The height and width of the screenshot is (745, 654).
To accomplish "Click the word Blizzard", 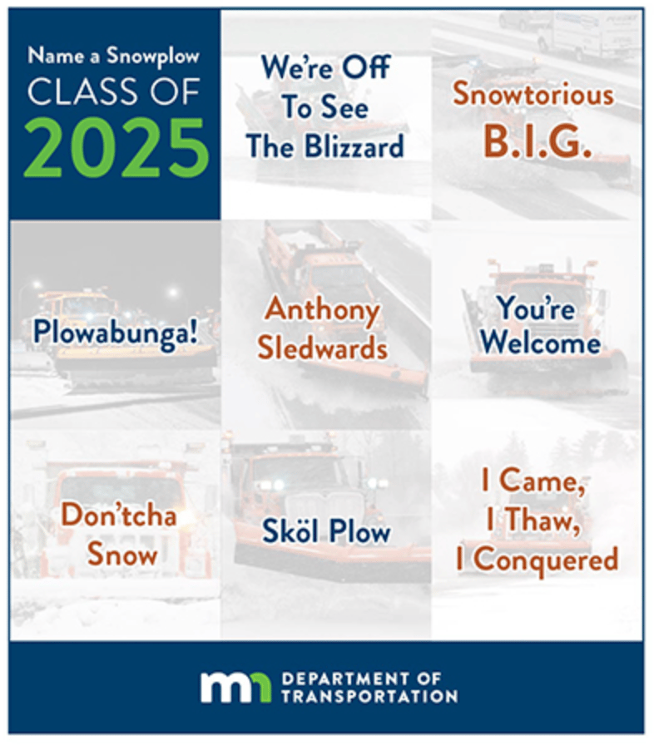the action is [x=354, y=146].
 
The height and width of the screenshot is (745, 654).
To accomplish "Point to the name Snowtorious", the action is [x=533, y=94].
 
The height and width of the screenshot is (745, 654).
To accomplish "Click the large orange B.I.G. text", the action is [x=538, y=141].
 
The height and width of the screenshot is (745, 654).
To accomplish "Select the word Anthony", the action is [x=323, y=310].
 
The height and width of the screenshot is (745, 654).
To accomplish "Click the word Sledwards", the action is [x=323, y=348].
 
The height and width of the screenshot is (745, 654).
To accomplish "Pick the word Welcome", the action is [x=540, y=343].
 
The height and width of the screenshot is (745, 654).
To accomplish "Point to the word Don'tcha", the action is [x=119, y=515].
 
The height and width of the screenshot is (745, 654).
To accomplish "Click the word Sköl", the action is [x=290, y=530].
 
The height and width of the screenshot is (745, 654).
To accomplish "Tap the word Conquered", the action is [x=546, y=560].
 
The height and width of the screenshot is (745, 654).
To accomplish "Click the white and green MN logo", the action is [x=235, y=687].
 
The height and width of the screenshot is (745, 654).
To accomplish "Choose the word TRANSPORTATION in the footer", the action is [x=369, y=697].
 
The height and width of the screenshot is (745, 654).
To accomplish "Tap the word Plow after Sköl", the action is [x=359, y=530].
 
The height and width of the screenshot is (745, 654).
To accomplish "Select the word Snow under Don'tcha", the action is [x=122, y=555].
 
